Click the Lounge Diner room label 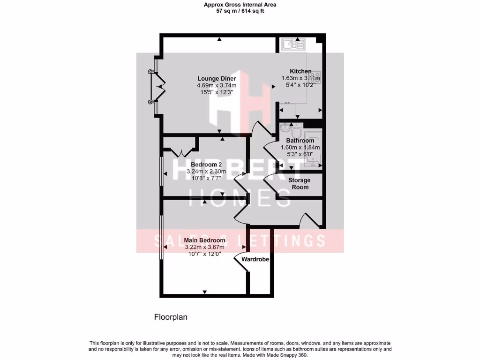(x=216, y=78)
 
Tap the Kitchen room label (x=300, y=71)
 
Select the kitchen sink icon (x=293, y=45)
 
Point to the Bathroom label (x=300, y=141)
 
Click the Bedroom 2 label (x=206, y=165)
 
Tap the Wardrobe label (x=255, y=259)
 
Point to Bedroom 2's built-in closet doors (x=180, y=151)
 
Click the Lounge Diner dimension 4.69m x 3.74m (x=217, y=85)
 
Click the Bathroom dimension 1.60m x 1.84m (x=300, y=147)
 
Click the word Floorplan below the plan (x=171, y=317)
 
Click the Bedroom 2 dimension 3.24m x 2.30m (x=206, y=172)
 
